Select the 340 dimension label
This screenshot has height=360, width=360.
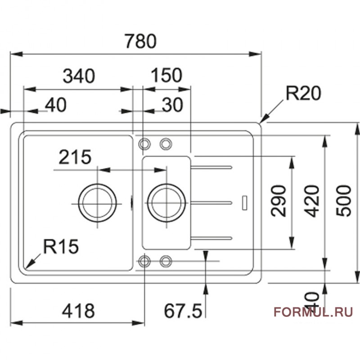pos(79,76)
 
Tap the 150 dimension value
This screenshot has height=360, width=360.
pos(166,75)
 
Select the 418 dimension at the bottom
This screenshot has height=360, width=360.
pos(78,310)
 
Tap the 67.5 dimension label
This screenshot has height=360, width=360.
pos(181,310)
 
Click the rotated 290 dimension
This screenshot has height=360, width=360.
pos(279,200)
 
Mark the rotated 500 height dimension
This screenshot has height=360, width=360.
pos(344,201)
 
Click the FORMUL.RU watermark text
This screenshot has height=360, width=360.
pos(313,311)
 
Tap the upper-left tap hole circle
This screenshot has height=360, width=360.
pos(144,144)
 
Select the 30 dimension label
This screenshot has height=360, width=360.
pos(172,105)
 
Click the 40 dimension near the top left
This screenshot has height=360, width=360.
pos(56,105)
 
